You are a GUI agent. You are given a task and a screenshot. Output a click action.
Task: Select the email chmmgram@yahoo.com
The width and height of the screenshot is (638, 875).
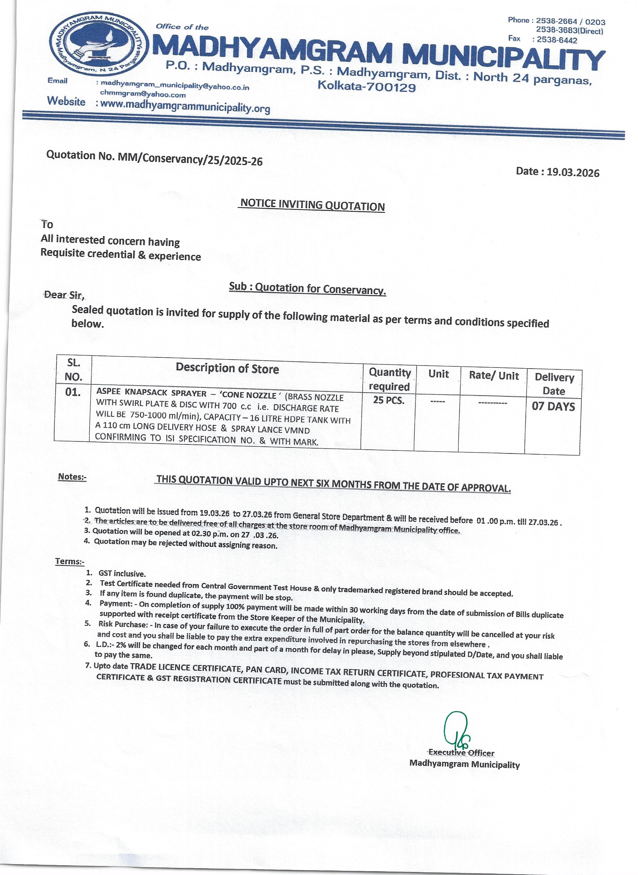click(x=143, y=94)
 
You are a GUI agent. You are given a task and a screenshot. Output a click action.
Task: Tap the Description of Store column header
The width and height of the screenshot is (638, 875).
click(x=227, y=369)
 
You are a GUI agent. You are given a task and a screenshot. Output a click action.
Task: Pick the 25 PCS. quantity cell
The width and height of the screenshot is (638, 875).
click(x=388, y=401)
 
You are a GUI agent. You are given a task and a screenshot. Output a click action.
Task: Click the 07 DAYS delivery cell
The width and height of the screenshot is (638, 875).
click(x=553, y=407)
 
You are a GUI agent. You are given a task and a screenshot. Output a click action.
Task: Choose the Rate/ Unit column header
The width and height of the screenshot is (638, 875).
click(x=494, y=376)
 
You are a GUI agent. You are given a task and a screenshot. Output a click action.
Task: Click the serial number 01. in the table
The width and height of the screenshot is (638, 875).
click(x=73, y=393)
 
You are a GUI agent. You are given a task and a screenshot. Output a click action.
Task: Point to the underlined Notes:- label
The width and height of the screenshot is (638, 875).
click(x=72, y=477)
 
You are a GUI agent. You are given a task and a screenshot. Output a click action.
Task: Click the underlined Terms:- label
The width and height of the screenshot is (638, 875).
click(x=69, y=561)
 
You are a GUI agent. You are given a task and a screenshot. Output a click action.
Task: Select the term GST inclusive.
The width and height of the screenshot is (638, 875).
click(x=122, y=574)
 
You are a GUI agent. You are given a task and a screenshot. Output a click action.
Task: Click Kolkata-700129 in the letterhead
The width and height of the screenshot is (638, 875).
click(x=367, y=87)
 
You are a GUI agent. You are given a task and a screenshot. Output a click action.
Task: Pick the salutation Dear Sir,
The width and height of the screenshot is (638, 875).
click(x=65, y=295)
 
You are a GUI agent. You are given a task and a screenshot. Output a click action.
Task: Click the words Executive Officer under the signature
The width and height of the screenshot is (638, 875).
click(x=462, y=753)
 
